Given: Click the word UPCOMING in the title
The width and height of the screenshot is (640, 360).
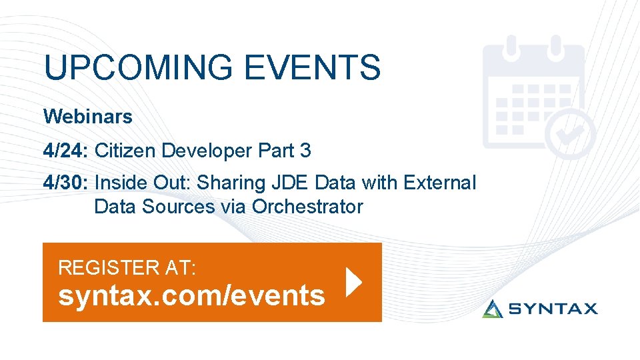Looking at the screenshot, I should point(139,68).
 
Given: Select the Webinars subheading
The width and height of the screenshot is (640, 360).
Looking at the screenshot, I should point(88,117).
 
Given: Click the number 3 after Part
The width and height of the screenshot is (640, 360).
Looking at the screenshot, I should point(305,151).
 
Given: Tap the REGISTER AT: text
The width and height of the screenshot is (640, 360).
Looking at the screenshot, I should point(127,267).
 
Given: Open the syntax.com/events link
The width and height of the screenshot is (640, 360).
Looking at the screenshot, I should point(191,295).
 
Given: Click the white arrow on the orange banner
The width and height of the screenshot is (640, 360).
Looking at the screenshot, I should point(354,283).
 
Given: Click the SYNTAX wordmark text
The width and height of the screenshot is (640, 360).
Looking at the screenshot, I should point(553,309).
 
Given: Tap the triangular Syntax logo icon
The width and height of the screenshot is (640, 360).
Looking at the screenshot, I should point(493,308).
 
